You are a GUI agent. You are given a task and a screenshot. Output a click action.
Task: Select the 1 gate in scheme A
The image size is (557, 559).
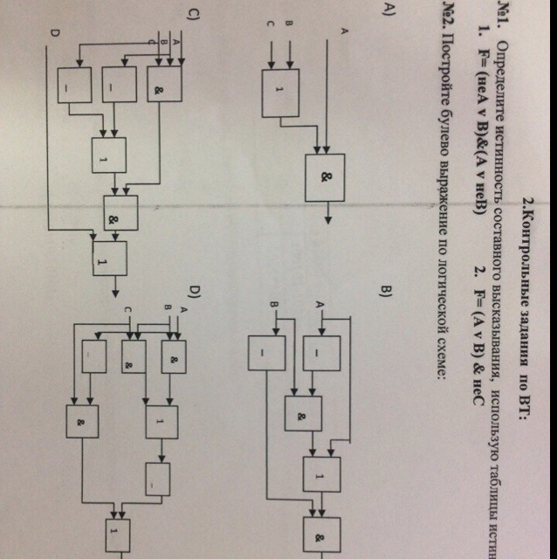(x=281, y=91)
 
